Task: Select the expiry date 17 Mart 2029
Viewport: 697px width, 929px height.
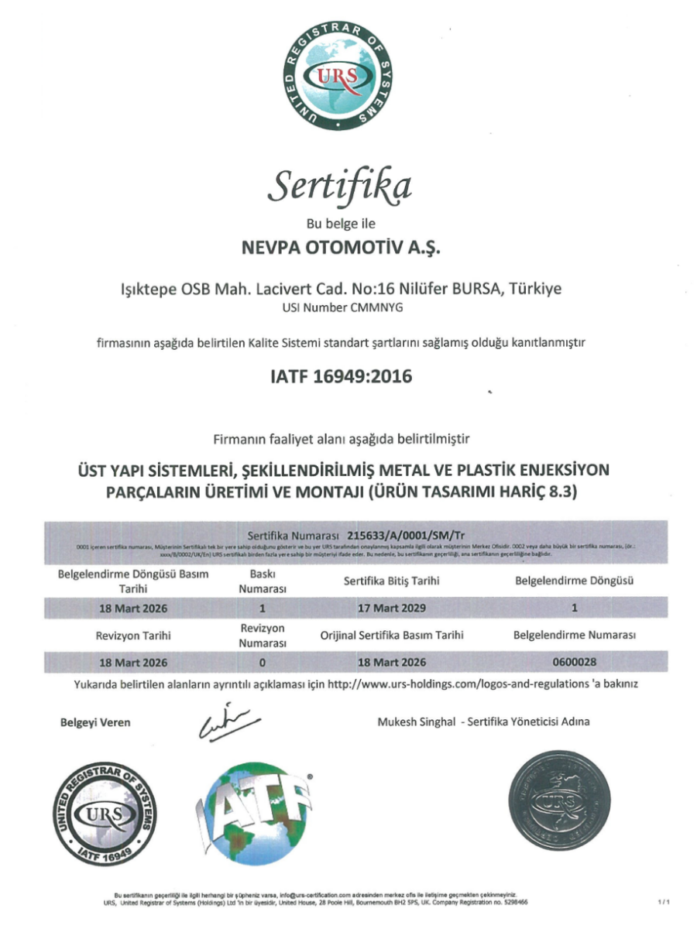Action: [392, 608]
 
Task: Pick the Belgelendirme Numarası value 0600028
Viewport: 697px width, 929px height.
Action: [575, 663]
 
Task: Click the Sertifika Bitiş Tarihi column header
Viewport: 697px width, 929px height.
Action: [392, 581]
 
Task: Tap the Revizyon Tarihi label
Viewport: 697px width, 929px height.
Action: [133, 636]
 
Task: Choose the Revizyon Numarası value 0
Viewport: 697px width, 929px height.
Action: [263, 663]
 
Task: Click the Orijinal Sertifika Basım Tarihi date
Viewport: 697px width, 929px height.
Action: [392, 663]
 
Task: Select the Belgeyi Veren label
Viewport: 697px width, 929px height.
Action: [95, 722]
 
